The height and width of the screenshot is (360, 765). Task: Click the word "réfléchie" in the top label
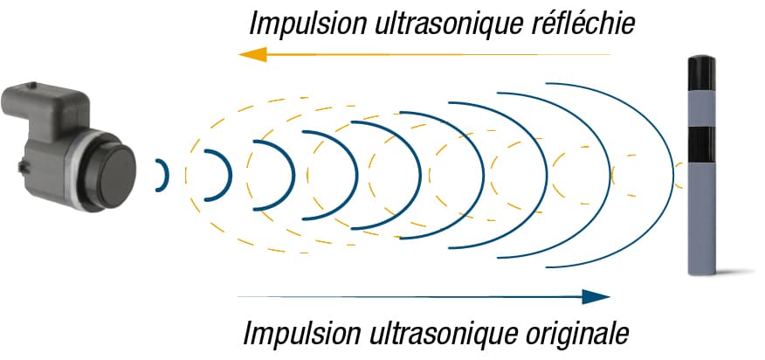point(582,24)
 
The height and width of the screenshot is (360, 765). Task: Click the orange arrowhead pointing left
point(252,54)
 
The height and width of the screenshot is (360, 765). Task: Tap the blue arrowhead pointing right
point(596,296)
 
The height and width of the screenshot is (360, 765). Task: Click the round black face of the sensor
point(117,177)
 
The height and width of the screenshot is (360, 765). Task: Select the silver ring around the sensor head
point(73,171)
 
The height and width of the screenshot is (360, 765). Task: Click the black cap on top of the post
point(701,73)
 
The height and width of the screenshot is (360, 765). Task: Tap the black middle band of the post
point(701,144)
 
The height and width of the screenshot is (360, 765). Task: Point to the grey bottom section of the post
point(701,218)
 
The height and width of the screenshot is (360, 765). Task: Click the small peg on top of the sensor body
point(32,86)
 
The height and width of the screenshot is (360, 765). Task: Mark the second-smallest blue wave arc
point(230,175)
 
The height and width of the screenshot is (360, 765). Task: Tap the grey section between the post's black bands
point(701,109)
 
